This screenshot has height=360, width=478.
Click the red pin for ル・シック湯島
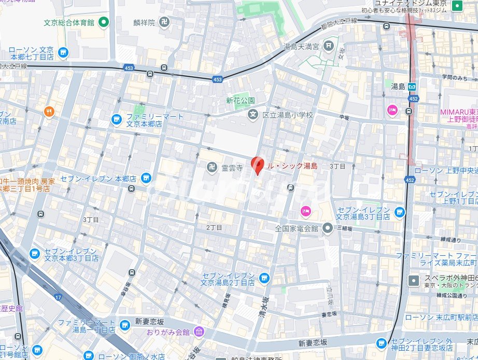click(258, 165)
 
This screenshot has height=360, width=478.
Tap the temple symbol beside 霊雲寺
click(212, 167)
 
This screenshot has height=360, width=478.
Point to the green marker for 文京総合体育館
click(104, 22)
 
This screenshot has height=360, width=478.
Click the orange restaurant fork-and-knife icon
click(49, 111)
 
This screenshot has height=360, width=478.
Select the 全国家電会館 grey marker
click(328, 227)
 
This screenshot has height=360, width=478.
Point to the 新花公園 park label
click(240, 100)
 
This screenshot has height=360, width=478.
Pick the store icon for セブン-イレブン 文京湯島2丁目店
click(264, 278)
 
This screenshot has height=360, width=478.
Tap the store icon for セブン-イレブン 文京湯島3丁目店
click(399, 211)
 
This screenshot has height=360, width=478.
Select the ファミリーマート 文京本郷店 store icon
click(117, 120)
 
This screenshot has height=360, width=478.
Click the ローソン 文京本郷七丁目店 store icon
click(63, 52)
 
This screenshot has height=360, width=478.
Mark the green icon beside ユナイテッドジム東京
click(457, 6)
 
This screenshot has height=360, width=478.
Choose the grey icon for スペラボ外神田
click(413, 281)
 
